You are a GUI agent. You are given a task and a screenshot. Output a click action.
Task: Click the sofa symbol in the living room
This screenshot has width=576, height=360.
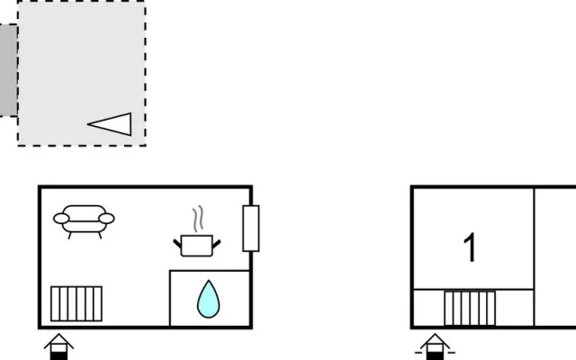coord(84,221)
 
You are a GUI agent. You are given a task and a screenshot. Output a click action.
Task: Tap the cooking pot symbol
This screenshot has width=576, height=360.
coord(197,246)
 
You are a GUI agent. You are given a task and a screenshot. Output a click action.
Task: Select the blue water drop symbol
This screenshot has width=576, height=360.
coord(208,299)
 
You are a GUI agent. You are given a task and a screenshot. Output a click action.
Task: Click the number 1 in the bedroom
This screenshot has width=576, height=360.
coord(470,247)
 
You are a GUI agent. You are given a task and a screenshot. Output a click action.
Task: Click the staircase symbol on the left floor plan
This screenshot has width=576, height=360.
coord(76,304)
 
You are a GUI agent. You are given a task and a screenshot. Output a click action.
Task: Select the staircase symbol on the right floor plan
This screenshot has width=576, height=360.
coord(470,308)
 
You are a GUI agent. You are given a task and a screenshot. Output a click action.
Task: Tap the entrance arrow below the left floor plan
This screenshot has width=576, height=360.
coord(58,346)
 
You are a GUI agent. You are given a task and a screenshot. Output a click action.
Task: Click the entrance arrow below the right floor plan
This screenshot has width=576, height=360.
coord(435,346)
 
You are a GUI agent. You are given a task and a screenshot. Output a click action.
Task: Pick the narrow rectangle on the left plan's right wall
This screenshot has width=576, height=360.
coord(251,229)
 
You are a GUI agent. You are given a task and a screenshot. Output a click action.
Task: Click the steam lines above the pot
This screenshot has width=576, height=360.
coord(198,219)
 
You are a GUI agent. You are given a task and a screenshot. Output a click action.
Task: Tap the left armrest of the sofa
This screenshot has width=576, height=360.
coord(61,219)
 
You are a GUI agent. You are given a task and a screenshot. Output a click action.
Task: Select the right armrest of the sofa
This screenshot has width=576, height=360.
coord(106,219)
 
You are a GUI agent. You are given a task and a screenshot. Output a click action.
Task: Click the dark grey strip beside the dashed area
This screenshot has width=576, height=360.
coord(8,70)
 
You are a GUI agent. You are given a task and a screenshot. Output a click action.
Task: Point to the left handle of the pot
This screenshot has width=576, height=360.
coord(177,243)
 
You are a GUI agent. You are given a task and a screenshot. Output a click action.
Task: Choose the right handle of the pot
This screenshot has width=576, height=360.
coord(217,243)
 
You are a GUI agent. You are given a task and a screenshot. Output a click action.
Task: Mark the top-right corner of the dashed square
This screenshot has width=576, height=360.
coord(146,1)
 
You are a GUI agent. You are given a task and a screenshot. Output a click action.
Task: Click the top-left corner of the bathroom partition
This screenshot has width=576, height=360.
coord(170,271)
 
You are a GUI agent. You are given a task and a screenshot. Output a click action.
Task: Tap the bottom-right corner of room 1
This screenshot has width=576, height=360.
coord(534,290)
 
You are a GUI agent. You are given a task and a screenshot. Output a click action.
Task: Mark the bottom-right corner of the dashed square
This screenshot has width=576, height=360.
coord(146,146)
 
